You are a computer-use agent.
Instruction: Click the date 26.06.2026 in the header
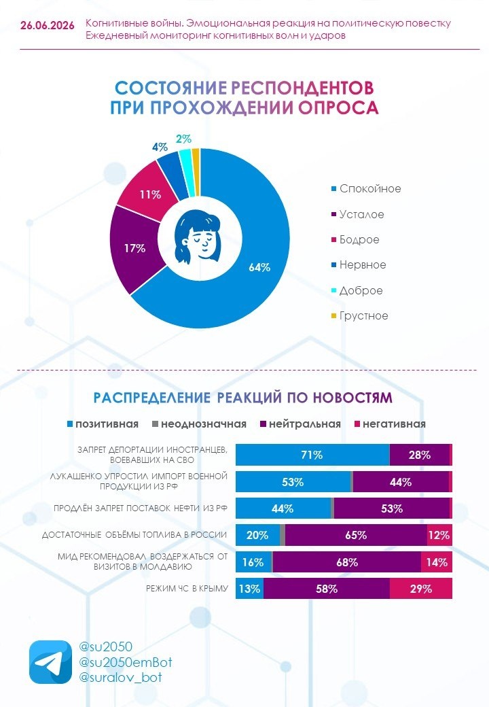48,26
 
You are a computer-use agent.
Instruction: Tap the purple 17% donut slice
135,248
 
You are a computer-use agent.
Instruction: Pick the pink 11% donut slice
149,190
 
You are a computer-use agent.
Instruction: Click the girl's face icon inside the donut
198,237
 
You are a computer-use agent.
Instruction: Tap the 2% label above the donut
183,139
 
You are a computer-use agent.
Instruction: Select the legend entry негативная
389,424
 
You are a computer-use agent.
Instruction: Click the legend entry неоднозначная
200,424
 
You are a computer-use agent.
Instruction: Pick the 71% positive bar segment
312,455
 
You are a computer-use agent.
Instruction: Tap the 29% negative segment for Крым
420,589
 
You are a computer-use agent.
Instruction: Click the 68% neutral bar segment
346,562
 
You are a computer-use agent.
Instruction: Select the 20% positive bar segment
257,535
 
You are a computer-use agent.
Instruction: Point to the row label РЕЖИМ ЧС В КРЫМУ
187,589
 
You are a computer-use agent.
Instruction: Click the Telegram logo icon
50,662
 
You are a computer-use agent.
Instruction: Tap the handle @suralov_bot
120,677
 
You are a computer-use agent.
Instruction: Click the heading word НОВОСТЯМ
352,398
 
